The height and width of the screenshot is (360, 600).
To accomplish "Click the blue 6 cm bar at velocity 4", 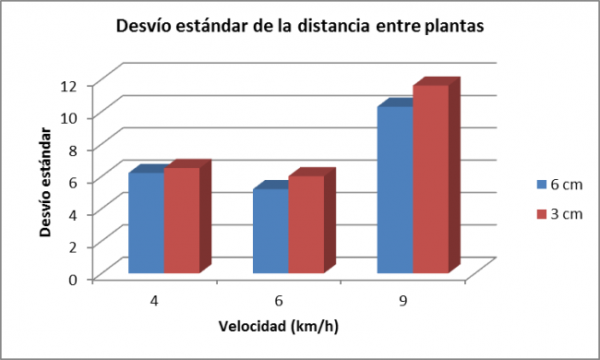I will pos(147,222).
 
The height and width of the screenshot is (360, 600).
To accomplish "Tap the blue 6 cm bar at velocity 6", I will pos(270,231).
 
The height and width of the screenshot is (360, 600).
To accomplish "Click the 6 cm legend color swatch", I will pos(542,184).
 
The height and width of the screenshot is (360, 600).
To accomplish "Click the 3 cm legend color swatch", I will pos(542,214).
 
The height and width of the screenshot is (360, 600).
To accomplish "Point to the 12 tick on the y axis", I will pos(72,85).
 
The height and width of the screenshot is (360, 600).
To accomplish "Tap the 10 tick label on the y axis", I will pos(72,117).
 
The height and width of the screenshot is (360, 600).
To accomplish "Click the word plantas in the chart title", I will pos(450,27).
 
